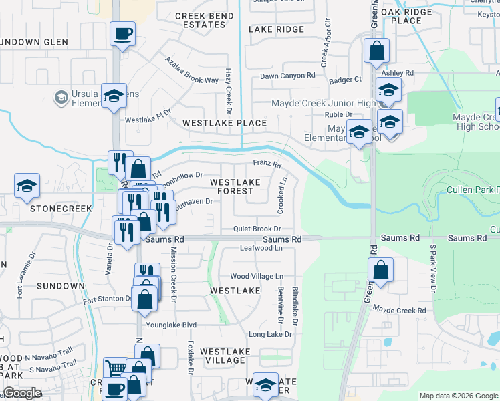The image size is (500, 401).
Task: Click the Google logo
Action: point(21,393)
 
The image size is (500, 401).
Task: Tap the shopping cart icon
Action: point(115,368)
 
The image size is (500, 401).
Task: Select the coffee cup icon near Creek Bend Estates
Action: point(122,33)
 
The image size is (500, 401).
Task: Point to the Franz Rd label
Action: point(267,164)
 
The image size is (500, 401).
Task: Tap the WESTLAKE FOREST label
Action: point(235,186)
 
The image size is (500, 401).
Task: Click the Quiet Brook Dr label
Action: point(256,229)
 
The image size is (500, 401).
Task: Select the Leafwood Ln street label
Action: point(261,249)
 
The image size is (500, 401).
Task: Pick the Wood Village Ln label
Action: point(257,276)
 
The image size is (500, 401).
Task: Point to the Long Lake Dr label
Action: point(271,334)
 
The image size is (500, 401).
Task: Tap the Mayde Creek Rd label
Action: point(399,311)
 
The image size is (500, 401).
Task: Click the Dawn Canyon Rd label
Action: point(287,76)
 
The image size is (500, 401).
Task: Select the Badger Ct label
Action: point(345,80)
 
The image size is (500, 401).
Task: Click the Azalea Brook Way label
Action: point(193,70)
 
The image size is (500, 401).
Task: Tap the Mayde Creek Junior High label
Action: point(324,103)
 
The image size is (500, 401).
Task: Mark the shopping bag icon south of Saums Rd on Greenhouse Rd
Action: point(380,271)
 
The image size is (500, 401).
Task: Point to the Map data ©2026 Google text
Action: point(458,396)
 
